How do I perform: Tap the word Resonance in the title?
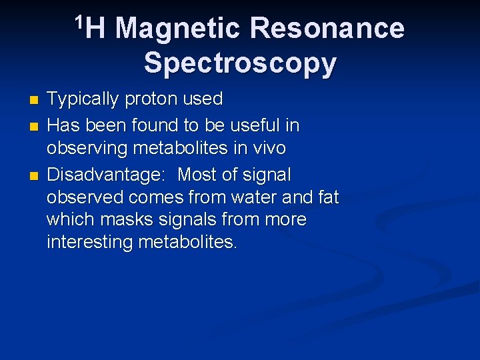[x=326, y=29]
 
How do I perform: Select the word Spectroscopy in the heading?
[x=240, y=63]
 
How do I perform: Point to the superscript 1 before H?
[x=79, y=21]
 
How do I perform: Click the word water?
[x=256, y=197]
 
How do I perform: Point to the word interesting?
[x=90, y=242]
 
